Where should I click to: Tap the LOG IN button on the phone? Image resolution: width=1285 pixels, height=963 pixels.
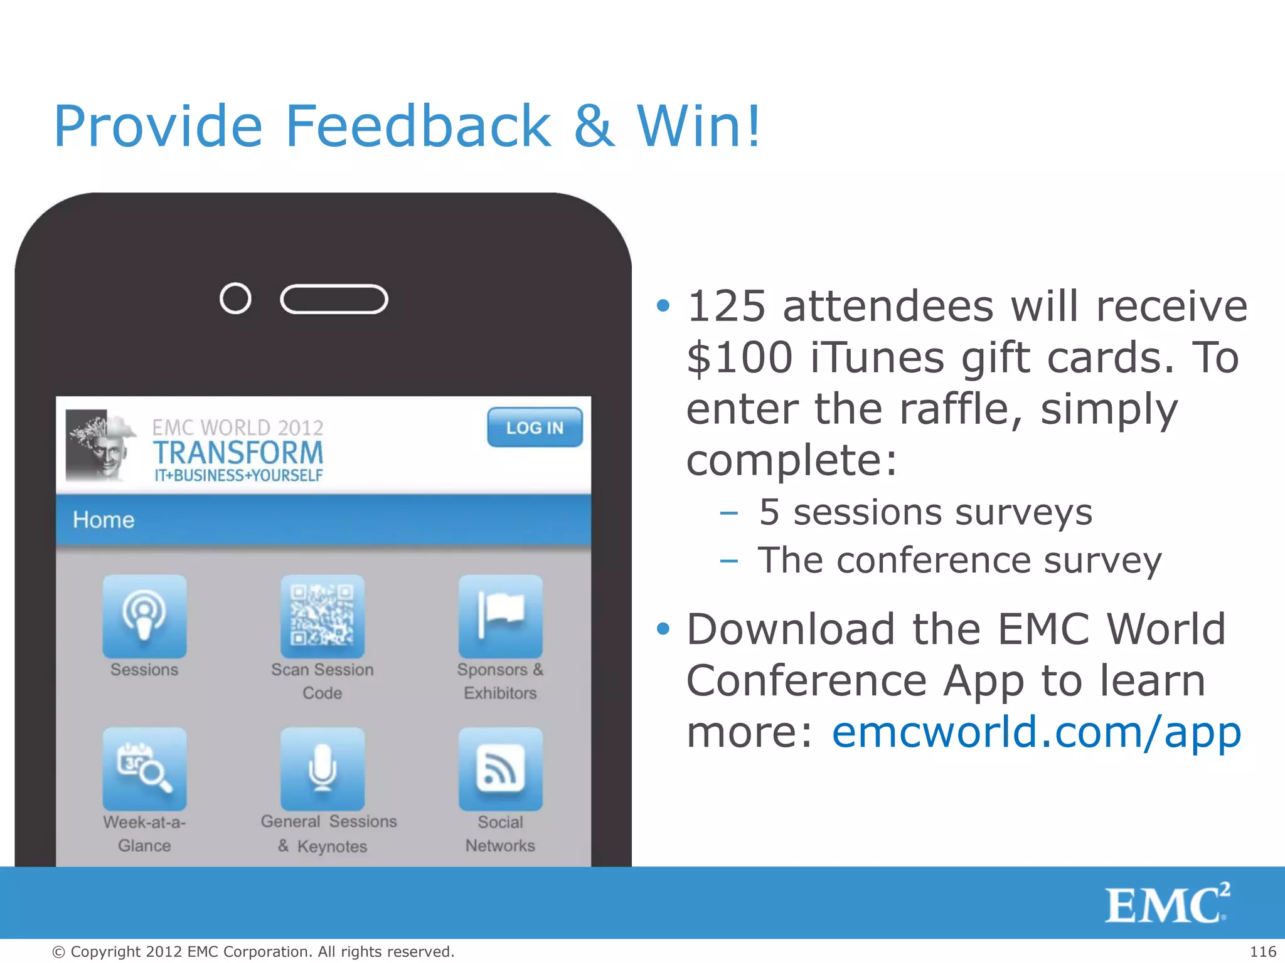(x=535, y=428)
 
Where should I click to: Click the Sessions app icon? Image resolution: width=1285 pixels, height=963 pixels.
(x=144, y=616)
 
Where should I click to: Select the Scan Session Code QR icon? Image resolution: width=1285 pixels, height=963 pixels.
(x=322, y=616)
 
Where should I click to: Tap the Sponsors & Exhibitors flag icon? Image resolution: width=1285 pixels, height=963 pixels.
(x=500, y=616)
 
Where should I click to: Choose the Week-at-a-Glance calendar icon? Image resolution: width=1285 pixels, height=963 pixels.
(x=144, y=769)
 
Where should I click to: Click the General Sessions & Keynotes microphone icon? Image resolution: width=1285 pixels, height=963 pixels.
(x=322, y=769)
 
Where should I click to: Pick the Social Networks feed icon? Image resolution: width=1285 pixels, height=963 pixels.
(x=500, y=769)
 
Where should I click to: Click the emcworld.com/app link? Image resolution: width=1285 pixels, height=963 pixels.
(x=1036, y=732)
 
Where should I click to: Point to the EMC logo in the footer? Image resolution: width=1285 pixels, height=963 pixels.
(x=1166, y=903)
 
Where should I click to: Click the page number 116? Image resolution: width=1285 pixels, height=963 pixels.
(x=1262, y=952)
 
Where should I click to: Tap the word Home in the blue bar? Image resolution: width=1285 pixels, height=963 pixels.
(x=104, y=520)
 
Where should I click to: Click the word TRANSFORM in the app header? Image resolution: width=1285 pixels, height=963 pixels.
(x=238, y=453)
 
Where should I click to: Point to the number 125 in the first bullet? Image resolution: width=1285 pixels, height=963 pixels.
(x=727, y=307)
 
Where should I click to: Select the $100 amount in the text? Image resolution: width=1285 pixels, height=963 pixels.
(x=740, y=358)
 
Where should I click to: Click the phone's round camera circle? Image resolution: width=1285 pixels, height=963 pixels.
(x=235, y=298)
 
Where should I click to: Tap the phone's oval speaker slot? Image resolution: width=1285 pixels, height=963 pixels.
(x=334, y=299)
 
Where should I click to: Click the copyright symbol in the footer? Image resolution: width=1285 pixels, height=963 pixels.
(x=58, y=952)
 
